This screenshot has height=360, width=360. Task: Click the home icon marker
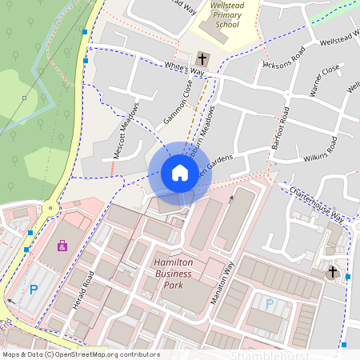point(180,173)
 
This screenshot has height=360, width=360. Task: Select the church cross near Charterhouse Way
point(333,272)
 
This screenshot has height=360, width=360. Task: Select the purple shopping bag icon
point(62,245)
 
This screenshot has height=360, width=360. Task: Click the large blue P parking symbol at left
point(33,290)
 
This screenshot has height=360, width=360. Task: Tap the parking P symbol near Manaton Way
point(270,304)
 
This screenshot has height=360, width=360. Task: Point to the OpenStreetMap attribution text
point(81,354)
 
